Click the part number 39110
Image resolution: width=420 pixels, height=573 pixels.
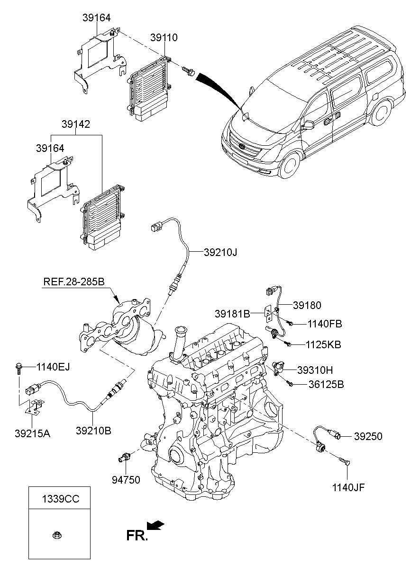click(x=164, y=37)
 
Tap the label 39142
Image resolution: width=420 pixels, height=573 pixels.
click(x=76, y=124)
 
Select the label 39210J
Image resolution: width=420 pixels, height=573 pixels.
click(x=220, y=253)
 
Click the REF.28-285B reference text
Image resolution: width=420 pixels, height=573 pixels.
click(x=74, y=282)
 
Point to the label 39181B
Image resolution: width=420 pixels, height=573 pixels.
click(x=232, y=314)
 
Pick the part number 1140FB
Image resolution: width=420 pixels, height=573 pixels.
click(x=325, y=324)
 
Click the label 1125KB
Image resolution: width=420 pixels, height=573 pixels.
click(x=324, y=345)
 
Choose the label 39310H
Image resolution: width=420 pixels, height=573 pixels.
click(x=315, y=370)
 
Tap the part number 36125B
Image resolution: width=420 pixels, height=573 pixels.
click(x=326, y=385)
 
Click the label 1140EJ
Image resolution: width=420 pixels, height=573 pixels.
click(x=53, y=367)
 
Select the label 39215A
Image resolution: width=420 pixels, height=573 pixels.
click(x=33, y=433)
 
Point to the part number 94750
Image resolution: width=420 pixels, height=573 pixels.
click(x=126, y=480)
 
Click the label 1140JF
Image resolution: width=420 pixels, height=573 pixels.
click(x=348, y=487)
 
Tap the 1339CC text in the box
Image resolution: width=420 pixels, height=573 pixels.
click(x=61, y=499)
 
